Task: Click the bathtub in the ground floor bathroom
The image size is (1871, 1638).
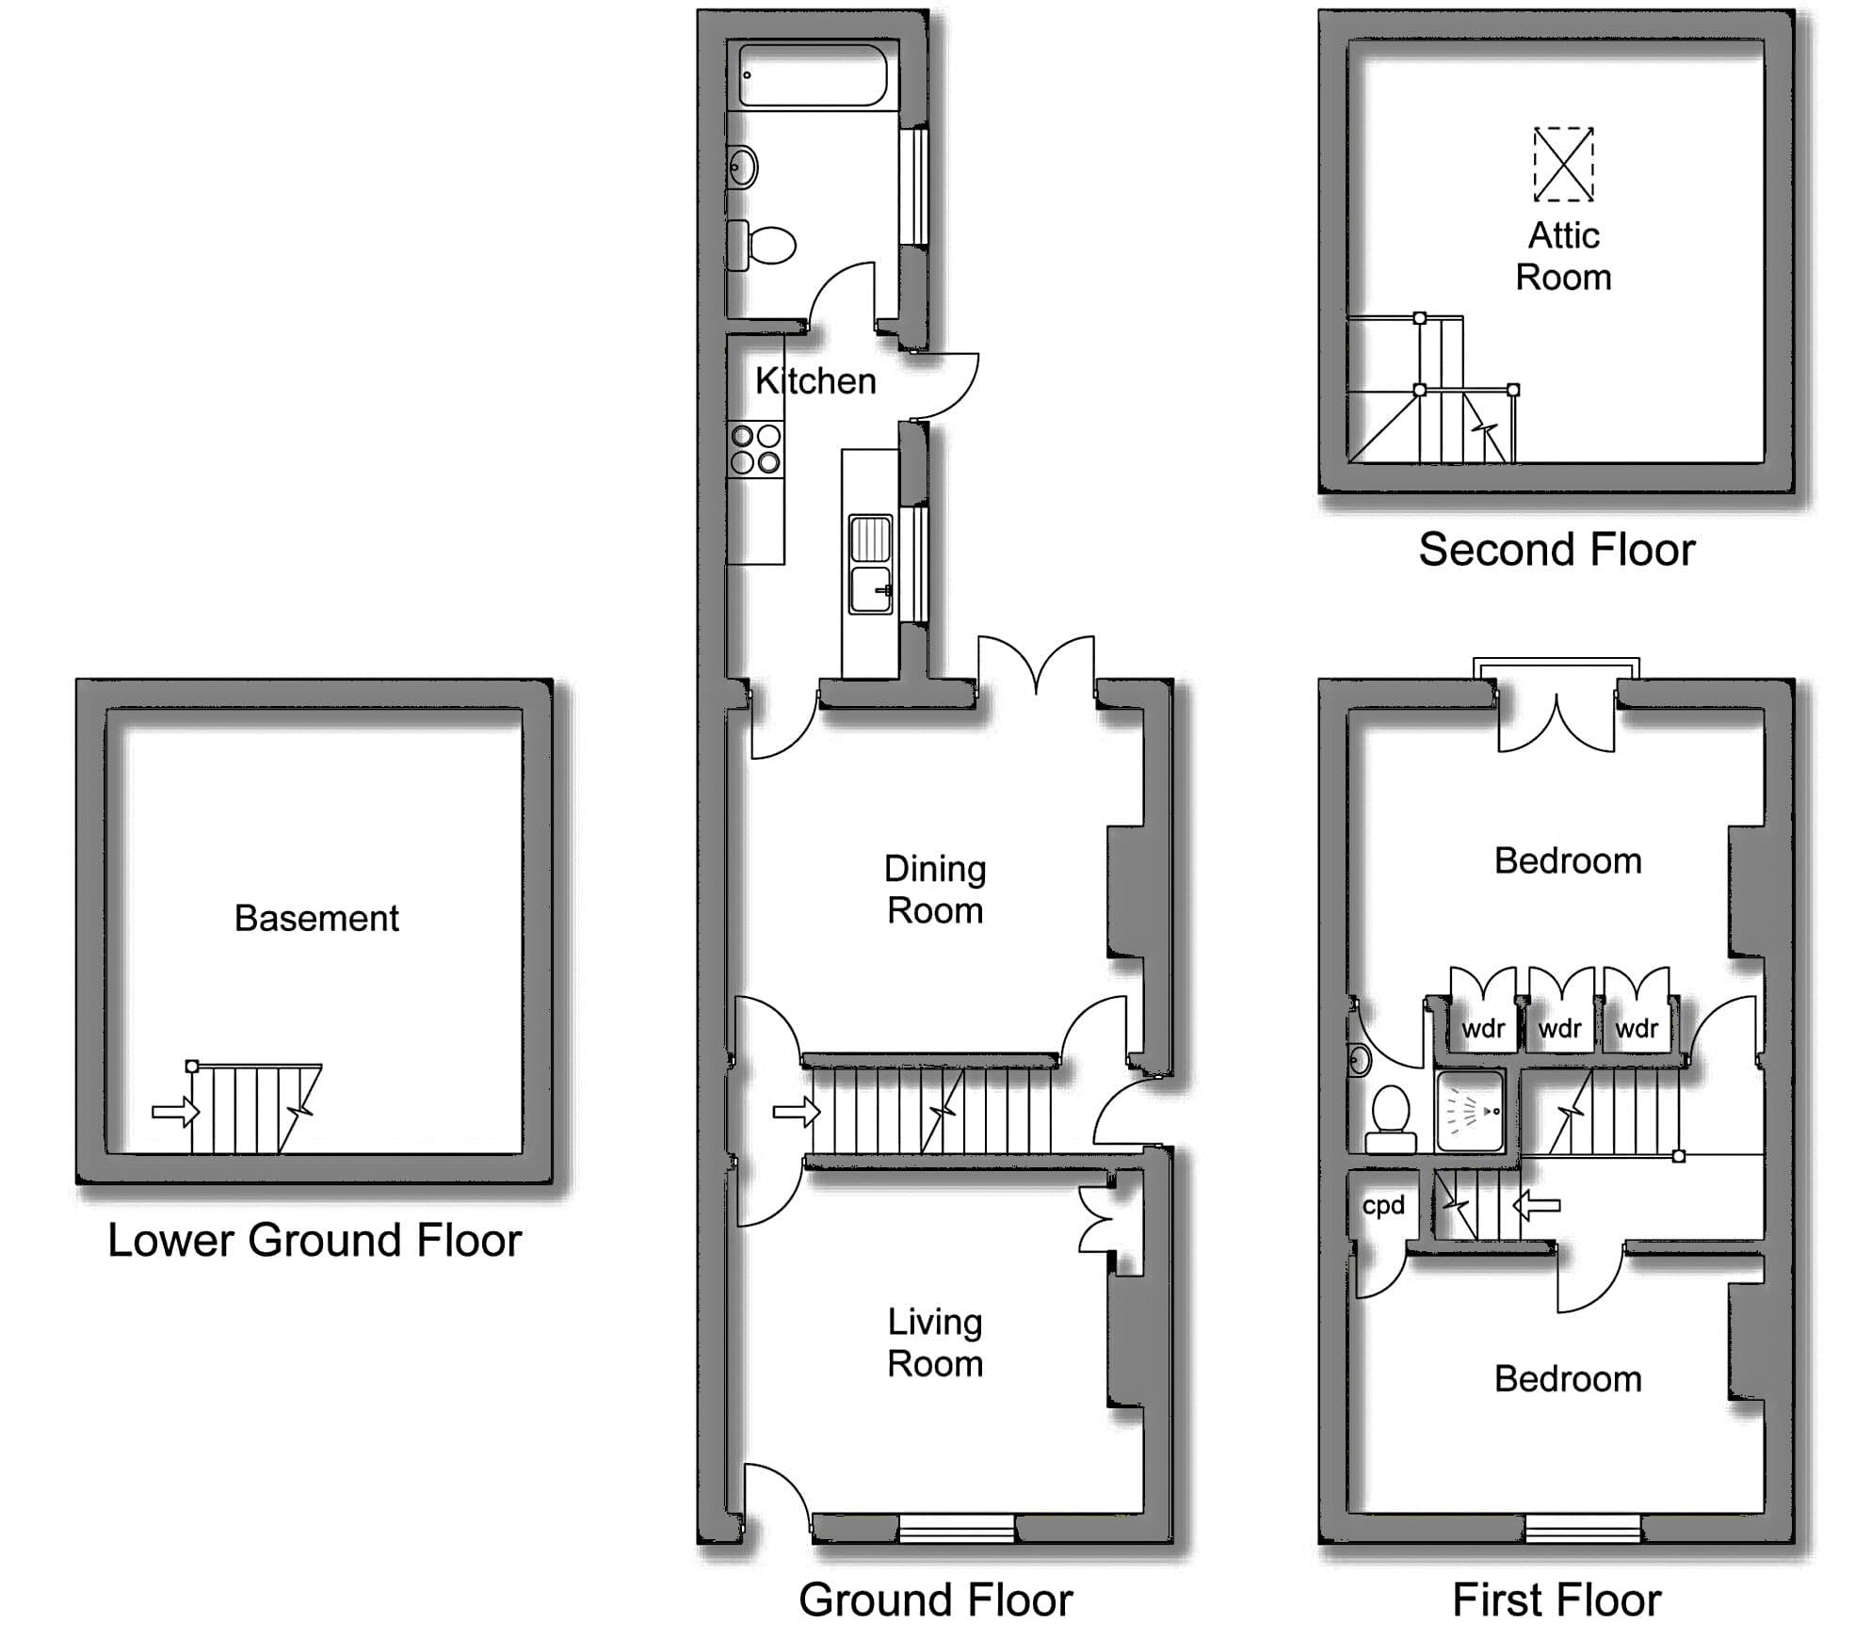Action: [x=813, y=75]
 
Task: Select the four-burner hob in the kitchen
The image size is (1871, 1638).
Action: [x=756, y=449]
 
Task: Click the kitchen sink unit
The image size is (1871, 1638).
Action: [x=870, y=564]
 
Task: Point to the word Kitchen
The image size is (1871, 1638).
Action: [x=815, y=381]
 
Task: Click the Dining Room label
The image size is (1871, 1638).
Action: [x=935, y=890]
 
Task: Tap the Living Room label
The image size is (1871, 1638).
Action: [x=935, y=1343]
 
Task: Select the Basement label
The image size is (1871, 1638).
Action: [x=316, y=918]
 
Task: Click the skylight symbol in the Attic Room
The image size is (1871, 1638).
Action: [x=1563, y=165]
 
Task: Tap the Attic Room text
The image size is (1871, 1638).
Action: [x=1563, y=256]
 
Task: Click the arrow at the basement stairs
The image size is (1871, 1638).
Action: [x=176, y=1112]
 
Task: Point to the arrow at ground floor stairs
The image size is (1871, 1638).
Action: [x=797, y=1112]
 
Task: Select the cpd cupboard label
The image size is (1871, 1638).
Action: [x=1383, y=1206]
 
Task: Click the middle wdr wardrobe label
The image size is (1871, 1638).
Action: [x=1560, y=1028]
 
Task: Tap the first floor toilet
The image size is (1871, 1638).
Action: [x=1391, y=1119]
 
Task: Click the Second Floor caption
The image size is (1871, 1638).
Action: [x=1556, y=550]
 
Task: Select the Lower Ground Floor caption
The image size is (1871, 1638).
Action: [x=315, y=1241]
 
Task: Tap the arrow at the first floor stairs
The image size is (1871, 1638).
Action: [x=1537, y=1205]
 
